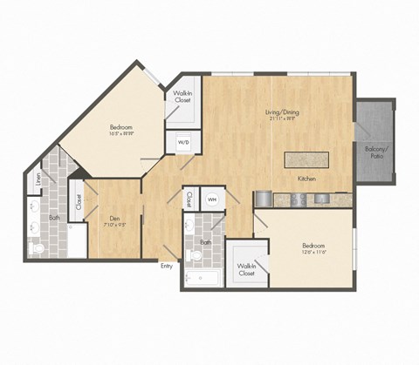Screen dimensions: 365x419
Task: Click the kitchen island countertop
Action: [x=306, y=159]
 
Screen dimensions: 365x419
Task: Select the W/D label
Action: [x=184, y=141]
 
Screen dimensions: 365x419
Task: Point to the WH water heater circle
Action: [x=212, y=198]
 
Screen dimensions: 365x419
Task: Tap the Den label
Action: [x=114, y=218]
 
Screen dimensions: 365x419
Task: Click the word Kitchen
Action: [x=306, y=179]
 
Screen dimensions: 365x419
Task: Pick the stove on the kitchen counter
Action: [x=298, y=199]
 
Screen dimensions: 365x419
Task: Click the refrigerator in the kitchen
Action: [x=263, y=199]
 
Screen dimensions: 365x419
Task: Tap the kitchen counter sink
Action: [x=322, y=199]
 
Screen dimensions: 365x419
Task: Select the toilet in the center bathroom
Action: [x=195, y=255]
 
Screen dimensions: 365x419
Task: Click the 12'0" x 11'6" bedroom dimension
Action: [x=313, y=252]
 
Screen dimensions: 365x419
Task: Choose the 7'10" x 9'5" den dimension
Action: [x=114, y=226]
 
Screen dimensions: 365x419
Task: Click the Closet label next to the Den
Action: [x=79, y=202]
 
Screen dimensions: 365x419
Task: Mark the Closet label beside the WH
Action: [x=189, y=199]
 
